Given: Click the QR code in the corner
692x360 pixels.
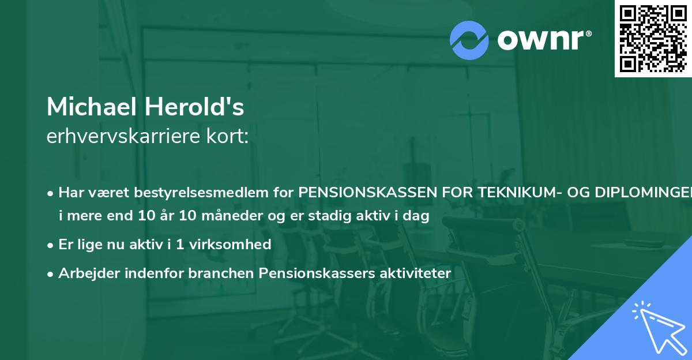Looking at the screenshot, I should coord(653,39).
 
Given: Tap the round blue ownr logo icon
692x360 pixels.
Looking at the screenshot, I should coord(469,40).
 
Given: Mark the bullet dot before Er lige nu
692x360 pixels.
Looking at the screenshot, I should coord(51,245).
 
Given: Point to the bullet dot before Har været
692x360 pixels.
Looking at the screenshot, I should coord(51,193).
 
